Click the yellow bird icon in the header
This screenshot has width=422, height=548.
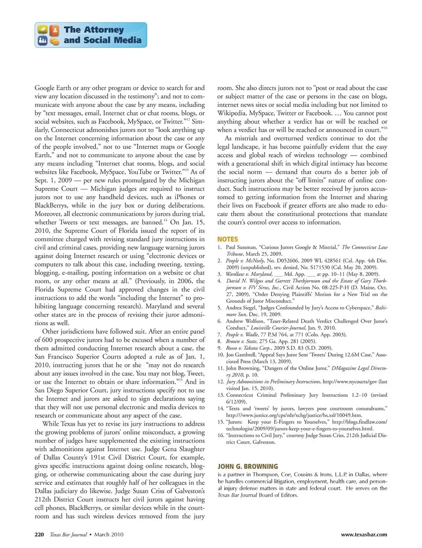[x=43, y=30]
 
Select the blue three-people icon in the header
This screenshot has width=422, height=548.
[x=43, y=41]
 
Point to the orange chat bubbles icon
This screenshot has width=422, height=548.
[x=55, y=41]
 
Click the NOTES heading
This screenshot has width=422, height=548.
[x=227, y=239]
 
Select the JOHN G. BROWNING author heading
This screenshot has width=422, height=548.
[x=247, y=466]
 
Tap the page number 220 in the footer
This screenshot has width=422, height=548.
[x=39, y=534]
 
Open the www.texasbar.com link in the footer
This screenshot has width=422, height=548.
[x=364, y=534]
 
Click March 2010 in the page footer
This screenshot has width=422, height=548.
[x=109, y=534]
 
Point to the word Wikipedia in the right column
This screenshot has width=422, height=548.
[x=231, y=113]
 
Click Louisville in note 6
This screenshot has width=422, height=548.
[x=266, y=328]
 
